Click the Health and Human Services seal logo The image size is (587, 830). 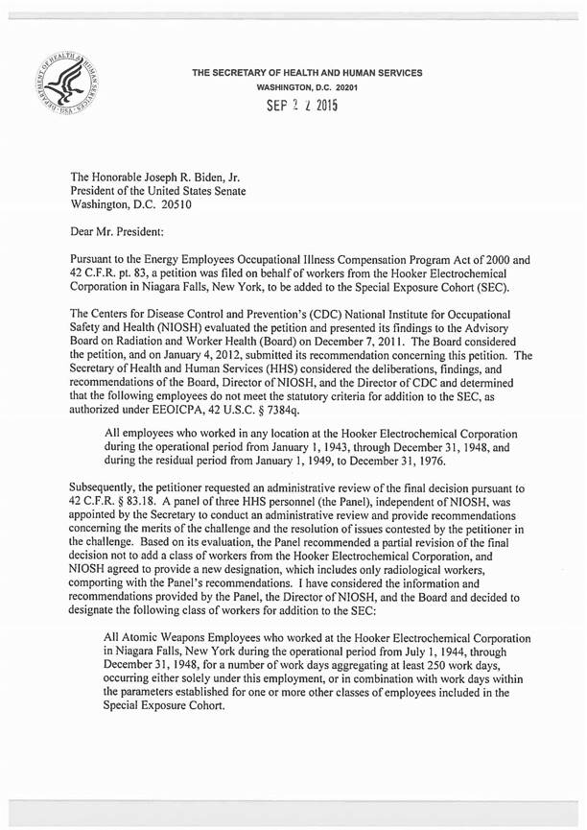coord(71,84)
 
